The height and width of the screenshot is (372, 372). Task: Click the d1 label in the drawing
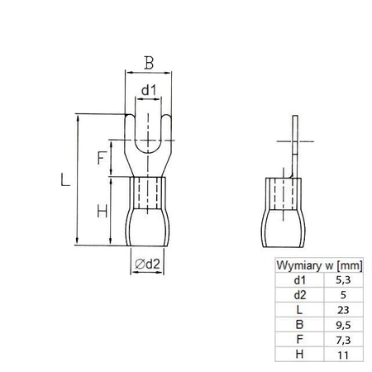click(147, 90)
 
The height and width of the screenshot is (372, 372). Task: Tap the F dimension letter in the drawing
click(101, 158)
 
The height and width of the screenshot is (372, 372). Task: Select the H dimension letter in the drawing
click(101, 211)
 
